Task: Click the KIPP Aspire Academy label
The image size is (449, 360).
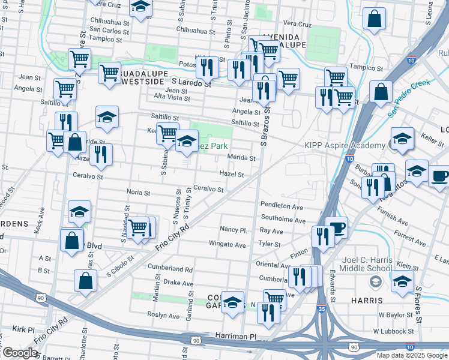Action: pyautogui.click(x=344, y=146)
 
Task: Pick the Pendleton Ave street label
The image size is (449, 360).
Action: pyautogui.click(x=282, y=206)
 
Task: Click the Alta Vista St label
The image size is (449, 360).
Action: pyautogui.click(x=172, y=98)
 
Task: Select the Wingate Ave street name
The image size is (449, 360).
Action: pyautogui.click(x=228, y=245)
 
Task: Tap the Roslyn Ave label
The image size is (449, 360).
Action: pyautogui.click(x=163, y=316)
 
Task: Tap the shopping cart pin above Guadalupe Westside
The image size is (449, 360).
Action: pyautogui.click(x=109, y=73)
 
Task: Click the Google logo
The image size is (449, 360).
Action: pyautogui.click(x=19, y=353)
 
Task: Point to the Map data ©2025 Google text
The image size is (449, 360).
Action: pyautogui.click(x=412, y=355)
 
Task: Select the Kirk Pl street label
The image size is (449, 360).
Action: pyautogui.click(x=24, y=329)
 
